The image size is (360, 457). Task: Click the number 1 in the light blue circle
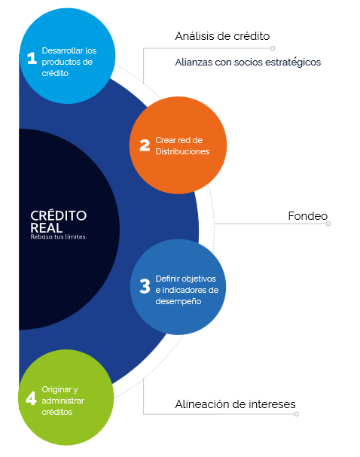pos(32,58)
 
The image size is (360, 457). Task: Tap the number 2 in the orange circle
pos(145,145)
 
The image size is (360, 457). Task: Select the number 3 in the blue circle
pos(145,286)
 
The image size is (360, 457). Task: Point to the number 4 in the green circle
pos(31,398)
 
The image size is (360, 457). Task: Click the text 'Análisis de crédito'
pos(222,36)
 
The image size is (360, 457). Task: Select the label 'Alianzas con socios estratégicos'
pos(248,62)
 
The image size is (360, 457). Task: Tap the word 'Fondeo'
pos(308,216)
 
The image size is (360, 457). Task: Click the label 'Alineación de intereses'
pos(235,404)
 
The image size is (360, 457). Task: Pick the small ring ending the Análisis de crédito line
pos(273,48)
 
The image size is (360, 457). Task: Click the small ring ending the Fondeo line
pos(328,224)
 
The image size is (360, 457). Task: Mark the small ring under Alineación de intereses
pos(296,414)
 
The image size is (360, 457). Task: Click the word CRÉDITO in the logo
pos(58,215)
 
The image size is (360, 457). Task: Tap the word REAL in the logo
pos(47,228)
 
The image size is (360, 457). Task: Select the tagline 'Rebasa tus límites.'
pos(59,237)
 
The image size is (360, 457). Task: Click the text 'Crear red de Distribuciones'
pos(182,146)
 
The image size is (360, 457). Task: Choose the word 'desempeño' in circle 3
pos(178,301)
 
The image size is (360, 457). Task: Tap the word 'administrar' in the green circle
pos(63,401)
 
